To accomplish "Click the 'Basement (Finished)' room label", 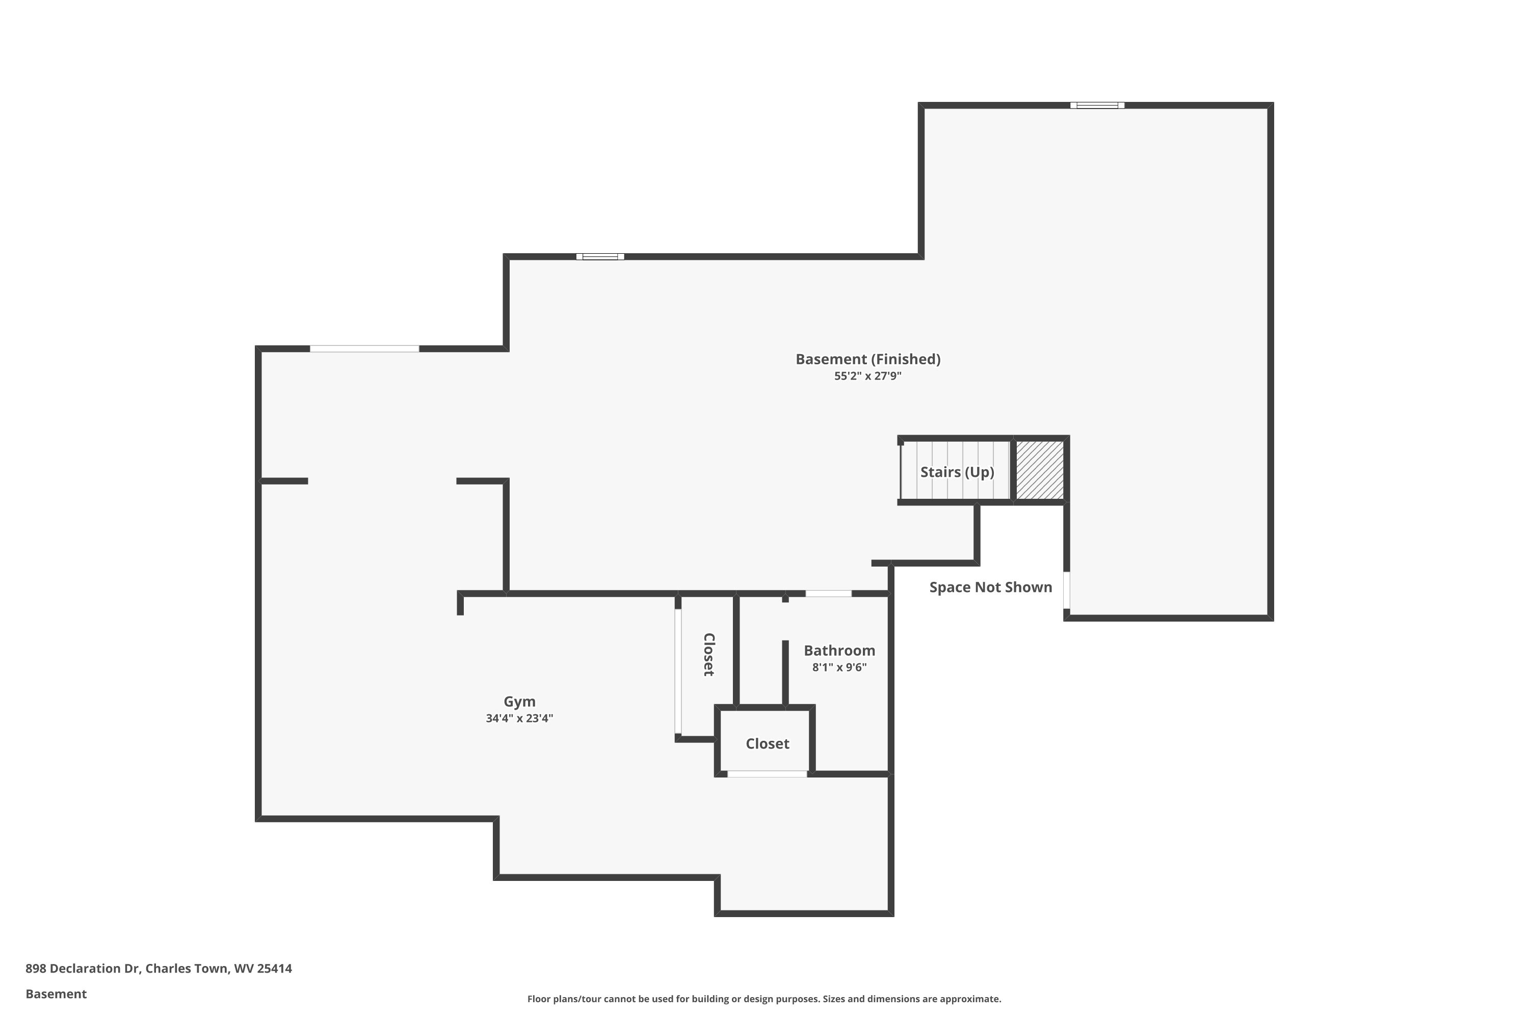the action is pyautogui.click(x=868, y=359).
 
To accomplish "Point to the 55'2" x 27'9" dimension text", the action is pyautogui.click(x=868, y=376).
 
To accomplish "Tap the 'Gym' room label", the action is pyautogui.click(x=519, y=702).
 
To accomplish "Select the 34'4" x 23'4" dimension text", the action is pyautogui.click(x=519, y=718).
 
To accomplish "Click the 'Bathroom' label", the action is pyautogui.click(x=839, y=651).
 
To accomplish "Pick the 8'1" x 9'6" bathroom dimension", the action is pyautogui.click(x=839, y=667).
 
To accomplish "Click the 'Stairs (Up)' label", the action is pyautogui.click(x=957, y=472).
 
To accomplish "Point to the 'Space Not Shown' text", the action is pyautogui.click(x=990, y=587).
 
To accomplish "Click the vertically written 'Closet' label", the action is pyautogui.click(x=708, y=654).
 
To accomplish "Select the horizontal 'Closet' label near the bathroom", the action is pyautogui.click(x=767, y=744).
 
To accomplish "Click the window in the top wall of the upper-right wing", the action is pyautogui.click(x=1097, y=105).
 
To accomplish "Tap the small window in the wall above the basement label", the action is pyautogui.click(x=600, y=257).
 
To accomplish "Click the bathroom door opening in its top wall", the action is pyautogui.click(x=828, y=594).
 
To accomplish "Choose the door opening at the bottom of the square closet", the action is pyautogui.click(x=767, y=774).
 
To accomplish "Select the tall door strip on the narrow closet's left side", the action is pyautogui.click(x=678, y=672).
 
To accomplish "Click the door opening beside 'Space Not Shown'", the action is pyautogui.click(x=1066, y=590).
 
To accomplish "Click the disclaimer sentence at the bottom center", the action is pyautogui.click(x=764, y=999).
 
